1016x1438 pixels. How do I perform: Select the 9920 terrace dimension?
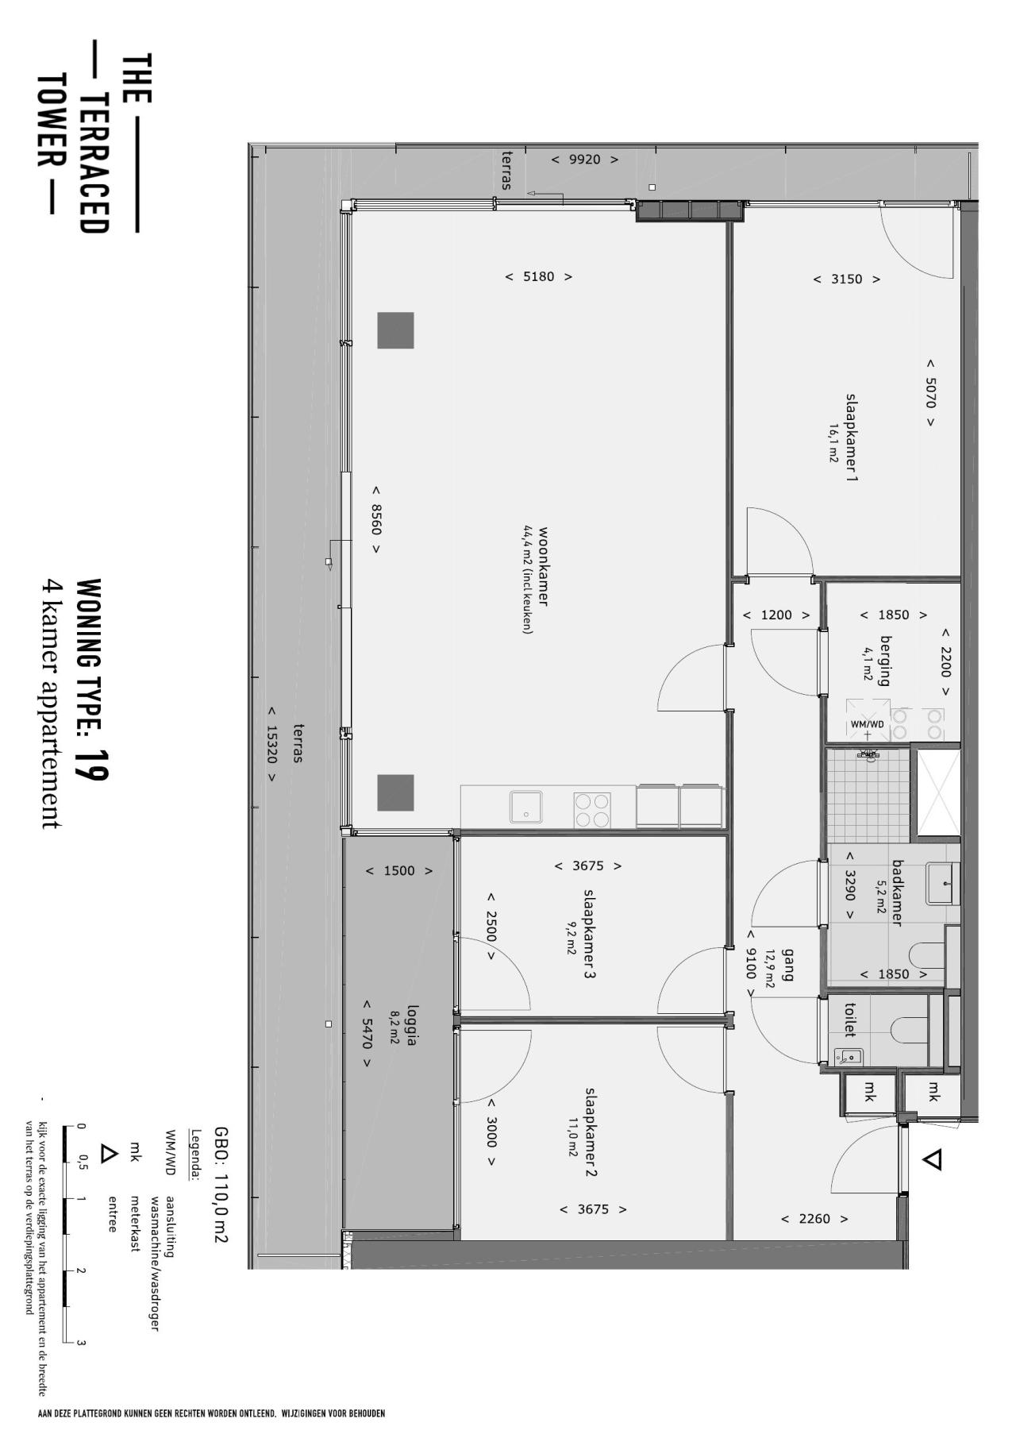pos(585,160)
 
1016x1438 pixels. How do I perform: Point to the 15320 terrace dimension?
pos(271,745)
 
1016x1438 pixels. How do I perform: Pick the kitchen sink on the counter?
pos(525,807)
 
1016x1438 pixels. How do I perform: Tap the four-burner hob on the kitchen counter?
pos(592,810)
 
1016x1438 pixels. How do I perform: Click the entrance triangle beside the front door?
pos(933,1160)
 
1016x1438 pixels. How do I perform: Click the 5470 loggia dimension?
pos(367,1034)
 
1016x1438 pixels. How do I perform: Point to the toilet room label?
pos(849,1020)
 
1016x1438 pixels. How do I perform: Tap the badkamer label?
pos(898,892)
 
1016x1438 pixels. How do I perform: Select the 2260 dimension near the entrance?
pos(814,1219)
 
